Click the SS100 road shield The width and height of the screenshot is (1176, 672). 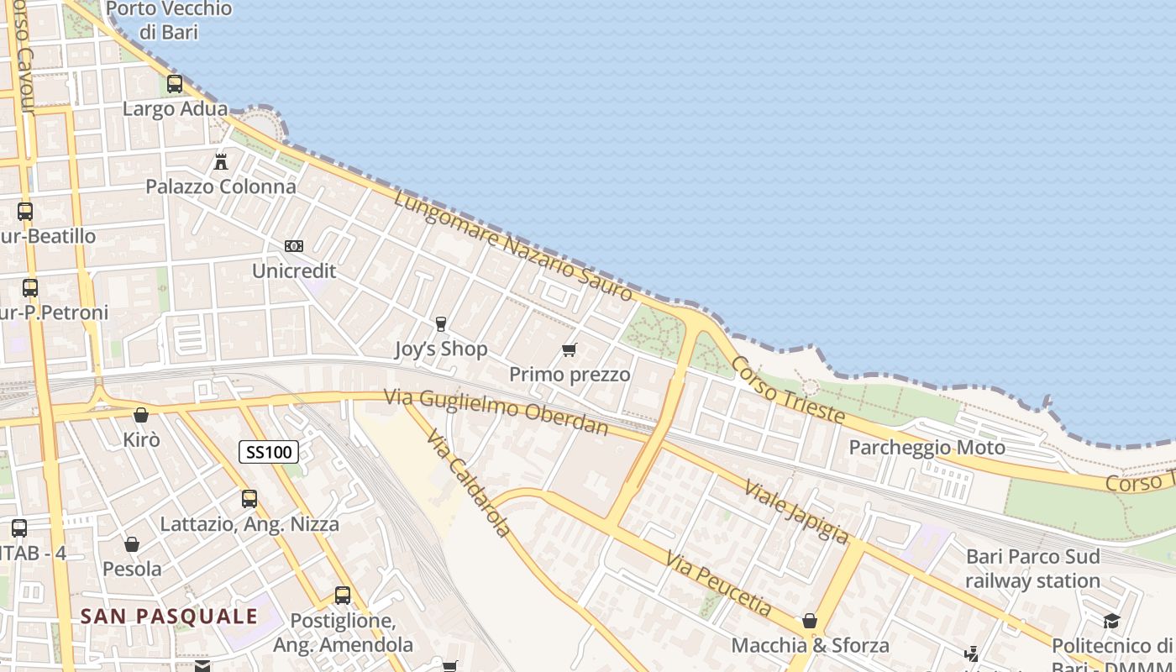[x=269, y=453]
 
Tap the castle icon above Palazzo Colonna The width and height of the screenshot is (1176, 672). [x=221, y=160]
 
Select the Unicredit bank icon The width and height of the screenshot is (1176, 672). [x=294, y=246]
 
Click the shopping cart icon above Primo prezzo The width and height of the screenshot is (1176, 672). [x=570, y=349]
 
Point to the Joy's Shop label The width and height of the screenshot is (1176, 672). [x=441, y=349]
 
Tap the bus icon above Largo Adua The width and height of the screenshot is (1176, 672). [x=175, y=84]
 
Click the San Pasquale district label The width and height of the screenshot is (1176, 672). [x=169, y=617]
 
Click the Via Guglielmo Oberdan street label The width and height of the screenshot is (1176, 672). [x=496, y=412]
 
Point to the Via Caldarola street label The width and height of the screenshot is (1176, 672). [x=468, y=484]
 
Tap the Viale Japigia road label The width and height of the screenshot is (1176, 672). [x=796, y=512]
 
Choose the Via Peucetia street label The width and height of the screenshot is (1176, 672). [x=718, y=583]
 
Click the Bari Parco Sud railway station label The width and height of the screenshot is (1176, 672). [x=1032, y=569]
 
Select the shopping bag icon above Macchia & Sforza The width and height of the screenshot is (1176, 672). [x=810, y=621]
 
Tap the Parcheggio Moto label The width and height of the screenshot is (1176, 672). [x=927, y=448]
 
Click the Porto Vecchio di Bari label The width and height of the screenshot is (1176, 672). [x=169, y=21]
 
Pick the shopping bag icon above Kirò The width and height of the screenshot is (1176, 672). [x=141, y=415]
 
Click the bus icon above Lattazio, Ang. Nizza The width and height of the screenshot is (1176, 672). [x=249, y=499]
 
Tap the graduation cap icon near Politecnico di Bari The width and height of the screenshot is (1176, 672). [x=1111, y=622]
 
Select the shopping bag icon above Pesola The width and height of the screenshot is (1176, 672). [x=132, y=544]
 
